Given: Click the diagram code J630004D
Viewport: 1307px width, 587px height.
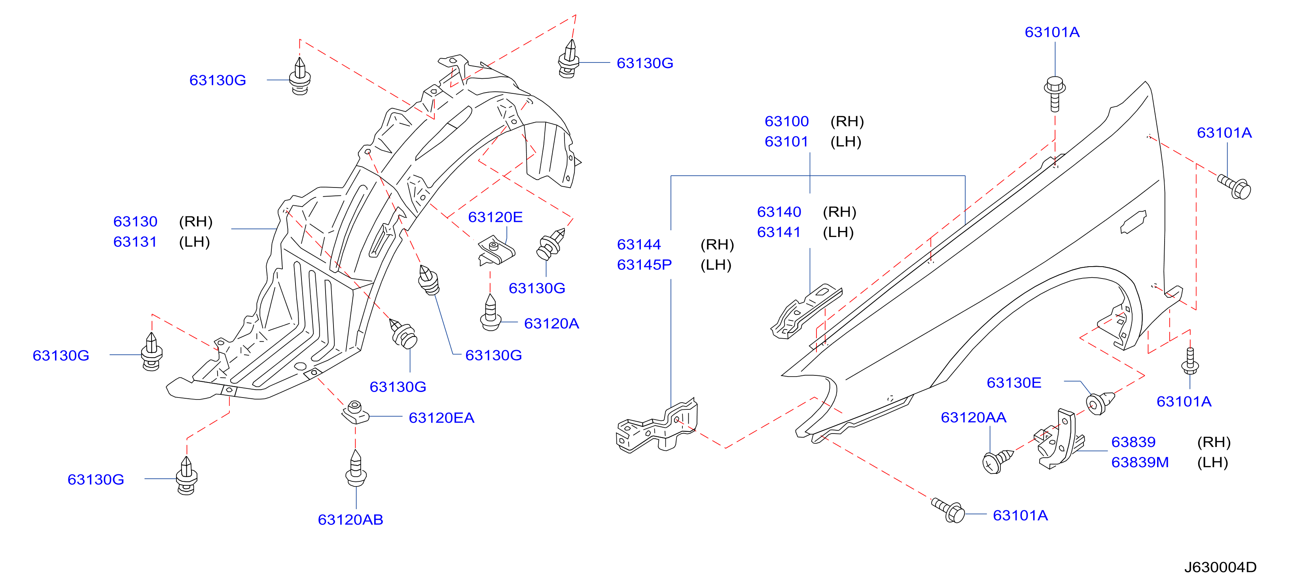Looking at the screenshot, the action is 1220,567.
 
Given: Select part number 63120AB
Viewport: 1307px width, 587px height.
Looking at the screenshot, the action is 350,519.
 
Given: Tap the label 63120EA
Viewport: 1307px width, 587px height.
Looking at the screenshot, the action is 441,418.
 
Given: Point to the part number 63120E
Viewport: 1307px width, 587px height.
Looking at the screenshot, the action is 495,217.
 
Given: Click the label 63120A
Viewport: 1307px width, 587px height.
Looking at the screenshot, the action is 551,323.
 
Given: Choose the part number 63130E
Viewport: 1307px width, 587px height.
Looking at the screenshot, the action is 1014,382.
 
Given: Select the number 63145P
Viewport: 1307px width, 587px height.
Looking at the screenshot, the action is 644,265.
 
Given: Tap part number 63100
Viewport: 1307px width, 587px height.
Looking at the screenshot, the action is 786,121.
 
